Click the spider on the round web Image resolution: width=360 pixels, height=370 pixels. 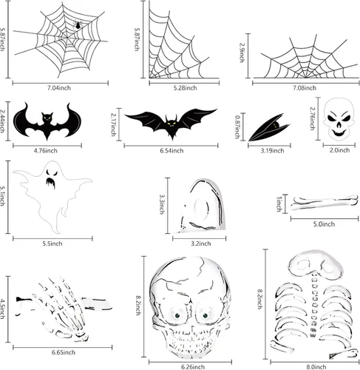click(x=78, y=25)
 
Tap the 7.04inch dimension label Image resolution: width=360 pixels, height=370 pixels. click(x=59, y=88)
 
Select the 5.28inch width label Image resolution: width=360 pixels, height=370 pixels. click(x=186, y=88)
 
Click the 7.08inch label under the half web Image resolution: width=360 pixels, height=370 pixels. click(x=305, y=88)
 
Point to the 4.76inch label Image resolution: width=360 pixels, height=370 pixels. click(x=46, y=150)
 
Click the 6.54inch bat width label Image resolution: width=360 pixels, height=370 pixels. click(x=171, y=150)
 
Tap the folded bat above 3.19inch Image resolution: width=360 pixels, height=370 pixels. click(x=269, y=127)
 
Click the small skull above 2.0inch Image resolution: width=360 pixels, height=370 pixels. click(x=339, y=120)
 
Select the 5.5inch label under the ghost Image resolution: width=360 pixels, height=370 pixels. click(x=52, y=243)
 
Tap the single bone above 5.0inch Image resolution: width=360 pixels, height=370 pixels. click(x=325, y=203)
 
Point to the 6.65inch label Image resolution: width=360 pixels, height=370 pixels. click(x=64, y=352)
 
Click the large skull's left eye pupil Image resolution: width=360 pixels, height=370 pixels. click(x=177, y=316)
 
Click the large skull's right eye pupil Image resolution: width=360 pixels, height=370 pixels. click(x=206, y=316)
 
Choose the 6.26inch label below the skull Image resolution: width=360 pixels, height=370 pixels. click(x=193, y=367)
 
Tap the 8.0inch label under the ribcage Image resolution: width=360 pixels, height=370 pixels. click(x=316, y=367)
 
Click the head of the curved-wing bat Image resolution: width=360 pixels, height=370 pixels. click(x=47, y=118)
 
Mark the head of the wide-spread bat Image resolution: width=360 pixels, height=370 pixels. click(x=171, y=122)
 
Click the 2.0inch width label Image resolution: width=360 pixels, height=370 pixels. click(x=339, y=150)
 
